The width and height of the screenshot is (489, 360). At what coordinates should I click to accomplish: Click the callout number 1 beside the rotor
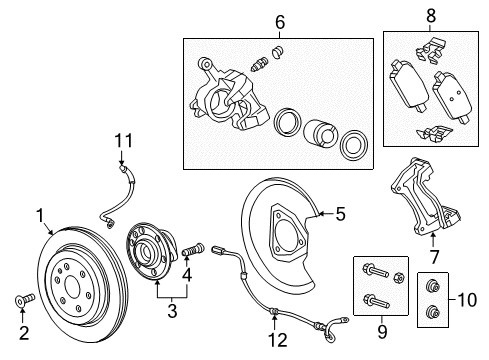(41, 213)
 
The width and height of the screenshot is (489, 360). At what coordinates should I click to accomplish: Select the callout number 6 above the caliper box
(281, 20)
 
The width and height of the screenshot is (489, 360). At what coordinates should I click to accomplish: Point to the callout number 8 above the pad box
(432, 16)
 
